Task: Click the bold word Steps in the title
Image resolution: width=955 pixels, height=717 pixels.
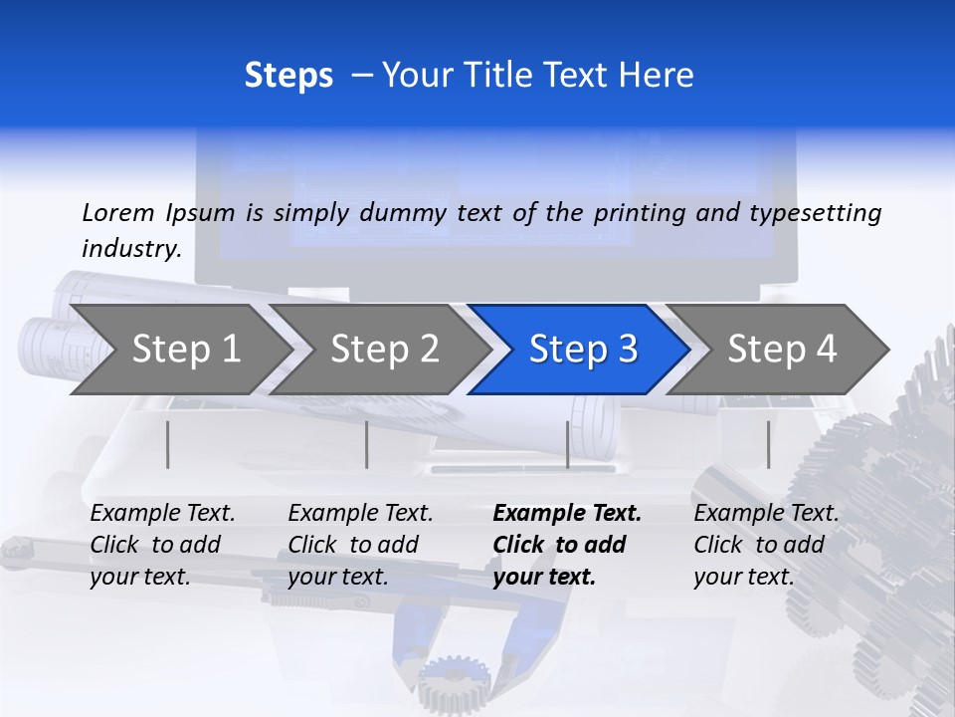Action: (288, 76)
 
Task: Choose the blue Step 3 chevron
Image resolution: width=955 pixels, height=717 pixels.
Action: (582, 350)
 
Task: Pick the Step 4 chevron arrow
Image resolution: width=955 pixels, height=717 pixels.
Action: (781, 350)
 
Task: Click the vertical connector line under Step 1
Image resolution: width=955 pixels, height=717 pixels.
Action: (168, 444)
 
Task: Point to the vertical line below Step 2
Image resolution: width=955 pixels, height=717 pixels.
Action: (367, 444)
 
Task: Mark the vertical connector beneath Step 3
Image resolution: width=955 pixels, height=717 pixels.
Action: (568, 444)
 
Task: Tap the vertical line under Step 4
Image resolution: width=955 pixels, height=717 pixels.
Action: (768, 444)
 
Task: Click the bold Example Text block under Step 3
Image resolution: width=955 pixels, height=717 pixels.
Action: (567, 545)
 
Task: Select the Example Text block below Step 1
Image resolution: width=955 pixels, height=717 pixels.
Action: (162, 545)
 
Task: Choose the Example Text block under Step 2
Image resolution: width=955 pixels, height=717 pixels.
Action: (360, 545)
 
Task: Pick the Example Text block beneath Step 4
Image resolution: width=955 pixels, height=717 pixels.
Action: (766, 545)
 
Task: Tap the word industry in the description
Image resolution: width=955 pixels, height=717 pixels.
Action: (131, 249)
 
